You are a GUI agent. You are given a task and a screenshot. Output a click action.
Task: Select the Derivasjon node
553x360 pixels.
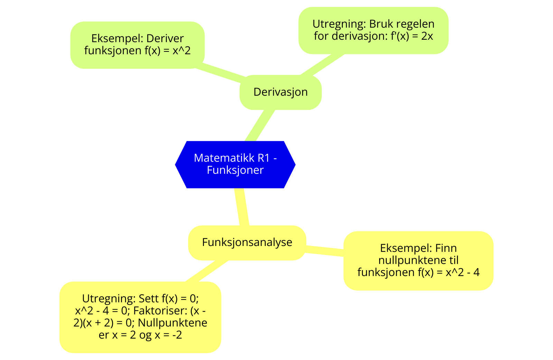pos(280,92)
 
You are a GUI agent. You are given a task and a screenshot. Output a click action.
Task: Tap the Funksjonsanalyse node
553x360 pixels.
pos(247,243)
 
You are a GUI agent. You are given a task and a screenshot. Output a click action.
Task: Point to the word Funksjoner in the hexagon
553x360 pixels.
pos(235,170)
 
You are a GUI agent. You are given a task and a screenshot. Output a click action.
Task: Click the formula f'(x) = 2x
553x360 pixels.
pos(412,36)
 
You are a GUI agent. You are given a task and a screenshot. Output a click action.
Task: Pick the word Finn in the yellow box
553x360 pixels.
pos(446,248)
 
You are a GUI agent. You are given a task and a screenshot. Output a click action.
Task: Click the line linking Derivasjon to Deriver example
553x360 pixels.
pos(221,72)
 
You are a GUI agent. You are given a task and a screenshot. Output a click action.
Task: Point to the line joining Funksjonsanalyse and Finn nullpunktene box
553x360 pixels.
pos(325,250)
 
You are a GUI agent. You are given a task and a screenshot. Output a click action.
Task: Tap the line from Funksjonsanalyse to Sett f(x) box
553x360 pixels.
pos(207,271)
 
